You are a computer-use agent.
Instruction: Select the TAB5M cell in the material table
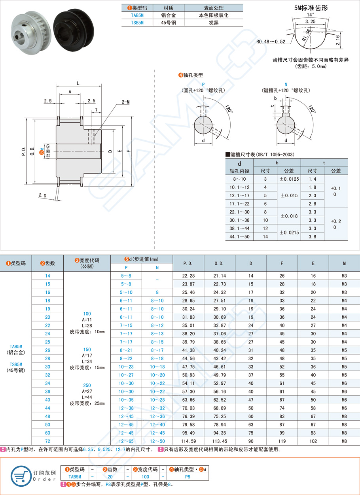[x=137, y=15]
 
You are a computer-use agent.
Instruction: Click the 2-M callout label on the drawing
[x=126, y=102]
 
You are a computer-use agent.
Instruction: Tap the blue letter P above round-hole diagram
[x=203, y=84]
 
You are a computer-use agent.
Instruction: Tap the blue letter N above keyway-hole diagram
[x=286, y=84]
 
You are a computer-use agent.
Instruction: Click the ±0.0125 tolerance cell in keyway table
[x=289, y=179]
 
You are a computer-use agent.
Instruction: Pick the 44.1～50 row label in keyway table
[x=239, y=236]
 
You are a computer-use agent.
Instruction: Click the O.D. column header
[x=219, y=263]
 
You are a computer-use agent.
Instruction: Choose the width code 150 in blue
[x=87, y=350]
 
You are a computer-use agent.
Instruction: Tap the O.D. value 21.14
[x=219, y=276]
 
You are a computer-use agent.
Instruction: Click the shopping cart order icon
[x=19, y=474]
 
